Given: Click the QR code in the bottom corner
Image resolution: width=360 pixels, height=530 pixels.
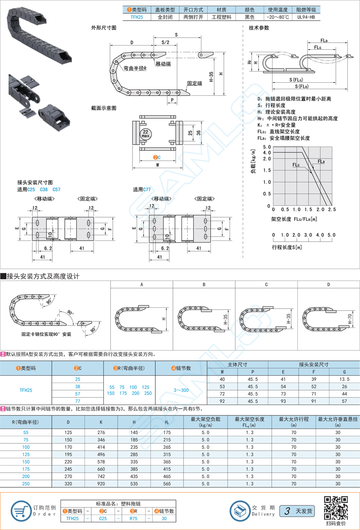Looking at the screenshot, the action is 336,508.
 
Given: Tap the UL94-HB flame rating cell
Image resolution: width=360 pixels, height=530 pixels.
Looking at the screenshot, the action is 306,17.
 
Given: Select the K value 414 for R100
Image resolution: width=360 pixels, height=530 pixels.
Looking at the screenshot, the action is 101,447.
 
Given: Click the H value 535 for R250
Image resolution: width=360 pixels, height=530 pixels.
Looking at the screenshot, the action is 134,484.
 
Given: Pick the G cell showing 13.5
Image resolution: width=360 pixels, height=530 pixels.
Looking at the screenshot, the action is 345,379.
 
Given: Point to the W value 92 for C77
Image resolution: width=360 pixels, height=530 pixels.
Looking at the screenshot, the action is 222,401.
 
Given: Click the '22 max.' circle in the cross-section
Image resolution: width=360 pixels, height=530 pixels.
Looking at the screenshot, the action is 146,134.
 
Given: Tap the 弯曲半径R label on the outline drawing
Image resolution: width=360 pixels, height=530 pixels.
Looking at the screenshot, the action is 135,68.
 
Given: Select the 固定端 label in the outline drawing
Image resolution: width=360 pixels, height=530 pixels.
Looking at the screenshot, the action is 195,83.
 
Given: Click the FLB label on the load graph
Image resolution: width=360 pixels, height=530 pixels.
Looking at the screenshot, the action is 321,161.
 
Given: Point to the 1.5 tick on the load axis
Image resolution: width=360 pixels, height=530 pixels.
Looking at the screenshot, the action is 267,170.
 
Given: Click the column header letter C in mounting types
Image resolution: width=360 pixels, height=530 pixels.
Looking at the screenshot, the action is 266,284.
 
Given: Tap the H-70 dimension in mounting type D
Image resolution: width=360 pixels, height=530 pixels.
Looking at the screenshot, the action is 350,319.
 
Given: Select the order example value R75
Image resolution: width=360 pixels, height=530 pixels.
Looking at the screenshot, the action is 133,519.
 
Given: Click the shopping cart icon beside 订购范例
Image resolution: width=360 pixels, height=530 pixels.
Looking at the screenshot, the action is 21,511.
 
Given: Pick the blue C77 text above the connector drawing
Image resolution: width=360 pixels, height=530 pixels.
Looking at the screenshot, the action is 146,189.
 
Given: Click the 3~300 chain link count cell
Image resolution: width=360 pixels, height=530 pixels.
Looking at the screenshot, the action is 181,390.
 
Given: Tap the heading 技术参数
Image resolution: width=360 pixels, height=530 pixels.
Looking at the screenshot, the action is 259,28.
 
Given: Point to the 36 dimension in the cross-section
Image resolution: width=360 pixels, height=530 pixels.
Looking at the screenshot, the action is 199,133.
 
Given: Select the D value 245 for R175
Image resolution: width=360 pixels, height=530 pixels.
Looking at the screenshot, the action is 68,469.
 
